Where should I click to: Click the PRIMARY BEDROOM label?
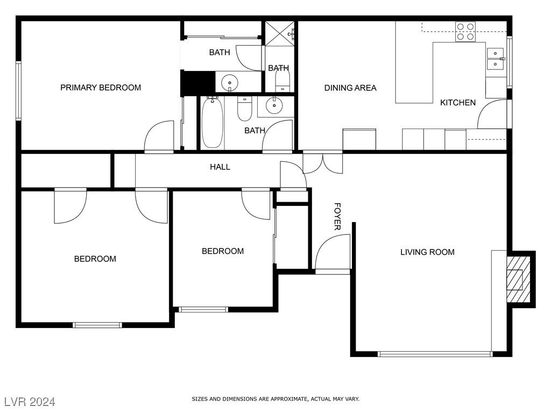[x=101, y=88]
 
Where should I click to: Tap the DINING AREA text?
[x=350, y=88]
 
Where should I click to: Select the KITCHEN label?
[x=458, y=102]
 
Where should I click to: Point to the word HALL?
[x=220, y=167]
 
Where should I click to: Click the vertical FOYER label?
[x=337, y=217]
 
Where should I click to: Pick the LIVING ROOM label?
[x=427, y=252]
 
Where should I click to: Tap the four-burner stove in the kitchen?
[x=465, y=32]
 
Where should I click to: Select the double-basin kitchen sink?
[x=495, y=59]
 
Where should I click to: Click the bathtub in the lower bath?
[x=212, y=122]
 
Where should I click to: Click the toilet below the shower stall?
[x=282, y=81]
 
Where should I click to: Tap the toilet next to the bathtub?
[x=245, y=109]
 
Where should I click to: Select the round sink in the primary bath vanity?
[x=230, y=83]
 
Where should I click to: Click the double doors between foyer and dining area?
[x=323, y=163]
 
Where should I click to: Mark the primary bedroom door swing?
[x=160, y=137]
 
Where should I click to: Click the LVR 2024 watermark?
[x=30, y=402]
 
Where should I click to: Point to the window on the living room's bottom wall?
[x=435, y=354]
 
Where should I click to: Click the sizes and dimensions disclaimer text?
[x=275, y=399]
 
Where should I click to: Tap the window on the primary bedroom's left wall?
[x=18, y=90]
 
